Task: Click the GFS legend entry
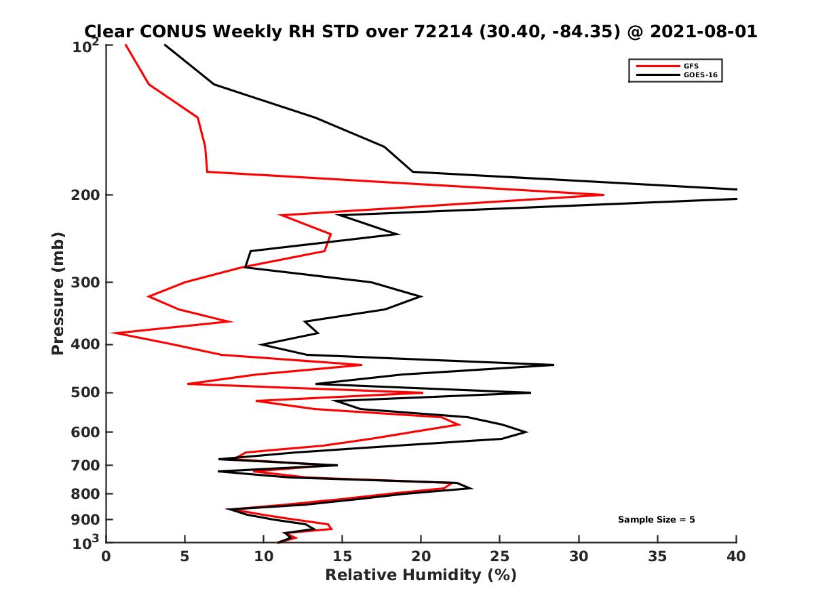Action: point(692,66)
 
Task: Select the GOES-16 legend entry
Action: point(699,75)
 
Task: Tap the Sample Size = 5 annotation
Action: point(656,520)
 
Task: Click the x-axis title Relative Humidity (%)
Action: point(421,575)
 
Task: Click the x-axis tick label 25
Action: point(500,556)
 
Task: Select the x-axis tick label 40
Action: point(736,556)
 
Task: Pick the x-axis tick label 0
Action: point(106,556)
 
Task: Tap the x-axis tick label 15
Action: point(343,556)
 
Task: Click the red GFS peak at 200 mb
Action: point(603,195)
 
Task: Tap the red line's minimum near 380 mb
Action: point(113,333)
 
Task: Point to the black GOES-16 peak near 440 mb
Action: point(553,365)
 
